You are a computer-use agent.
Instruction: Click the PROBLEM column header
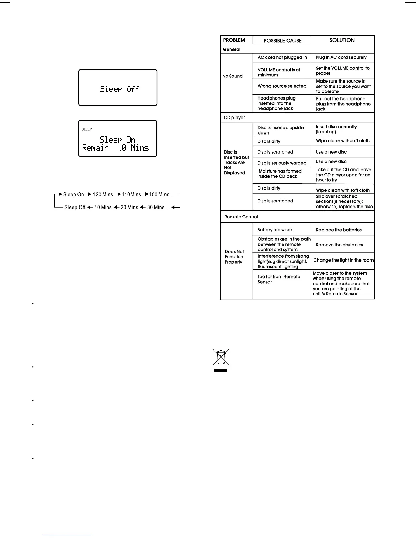pos(234,40)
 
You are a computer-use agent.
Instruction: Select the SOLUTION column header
pos(342,40)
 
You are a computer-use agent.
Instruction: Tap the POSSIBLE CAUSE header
pos(282,40)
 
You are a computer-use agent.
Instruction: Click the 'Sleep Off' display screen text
pos(120,89)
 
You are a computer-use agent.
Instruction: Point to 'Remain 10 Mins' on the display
pos(115,148)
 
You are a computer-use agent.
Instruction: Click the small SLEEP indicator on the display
pos(87,129)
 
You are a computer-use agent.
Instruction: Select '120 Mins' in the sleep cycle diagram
pos(103,195)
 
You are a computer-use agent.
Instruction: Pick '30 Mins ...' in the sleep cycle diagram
pos(158,207)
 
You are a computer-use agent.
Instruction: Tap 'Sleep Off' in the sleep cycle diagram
pos(75,207)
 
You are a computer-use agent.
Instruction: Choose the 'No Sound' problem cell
pos(232,76)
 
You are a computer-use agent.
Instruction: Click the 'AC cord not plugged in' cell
pos(282,57)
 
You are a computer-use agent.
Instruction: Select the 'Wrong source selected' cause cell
pos(282,86)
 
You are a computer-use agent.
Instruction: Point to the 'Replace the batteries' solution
pos(339,230)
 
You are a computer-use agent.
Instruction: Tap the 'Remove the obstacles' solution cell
pos(339,245)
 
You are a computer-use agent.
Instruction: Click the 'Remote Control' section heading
pos(241,217)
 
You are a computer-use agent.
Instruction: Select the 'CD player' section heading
pos(234,118)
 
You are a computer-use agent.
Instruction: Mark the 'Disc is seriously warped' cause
pos(282,163)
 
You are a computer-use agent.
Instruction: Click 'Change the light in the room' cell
pos(343,260)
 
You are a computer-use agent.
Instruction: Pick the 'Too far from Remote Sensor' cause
pos(279,279)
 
